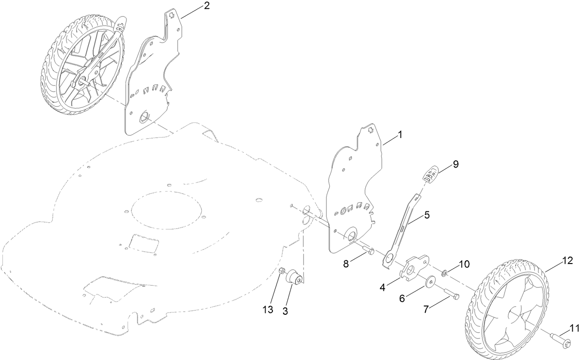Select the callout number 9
coord(456,164)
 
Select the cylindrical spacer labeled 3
coord(294,279)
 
